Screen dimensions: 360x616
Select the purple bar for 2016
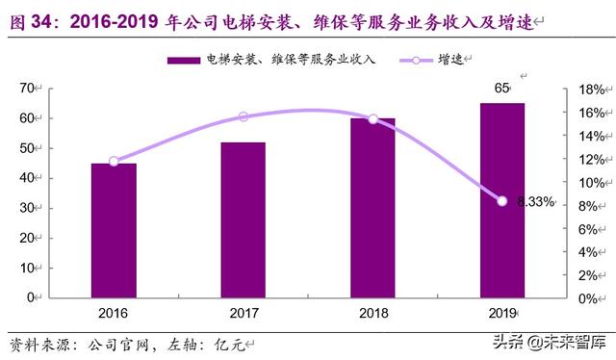click(x=114, y=230)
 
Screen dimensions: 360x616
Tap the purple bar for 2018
click(x=372, y=208)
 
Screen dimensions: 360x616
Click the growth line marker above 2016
click(x=114, y=161)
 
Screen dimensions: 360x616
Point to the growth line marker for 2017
click(x=243, y=116)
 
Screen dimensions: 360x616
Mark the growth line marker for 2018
click(x=372, y=118)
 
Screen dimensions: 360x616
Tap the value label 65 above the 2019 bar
click(x=501, y=89)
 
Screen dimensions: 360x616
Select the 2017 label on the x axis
click(x=243, y=313)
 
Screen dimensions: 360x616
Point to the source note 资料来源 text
click(x=38, y=344)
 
